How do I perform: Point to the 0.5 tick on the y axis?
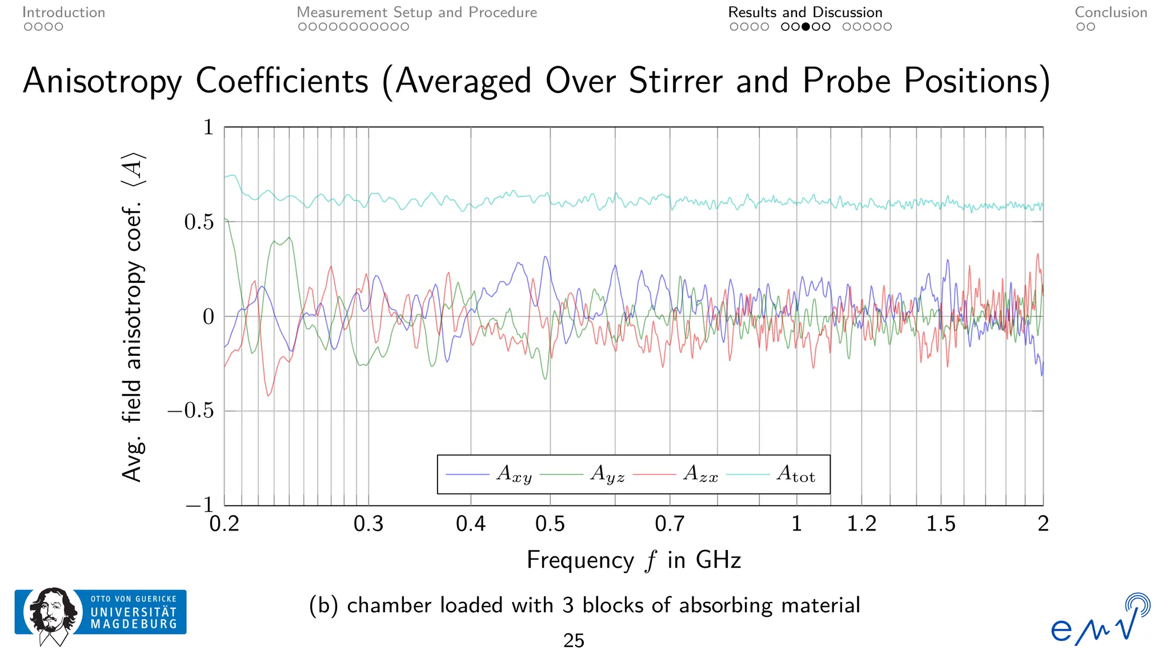199,222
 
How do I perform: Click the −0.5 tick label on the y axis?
190,411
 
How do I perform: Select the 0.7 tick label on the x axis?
670,524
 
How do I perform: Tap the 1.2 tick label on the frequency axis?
862,524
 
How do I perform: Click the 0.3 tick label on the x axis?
368,524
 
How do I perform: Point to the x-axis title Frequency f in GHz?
634,560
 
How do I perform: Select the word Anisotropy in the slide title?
102,81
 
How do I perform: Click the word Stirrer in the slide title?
676,81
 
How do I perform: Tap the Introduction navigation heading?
63,13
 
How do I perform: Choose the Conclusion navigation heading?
1111,13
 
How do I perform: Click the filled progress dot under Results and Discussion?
806,27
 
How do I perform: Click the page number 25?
574,641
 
